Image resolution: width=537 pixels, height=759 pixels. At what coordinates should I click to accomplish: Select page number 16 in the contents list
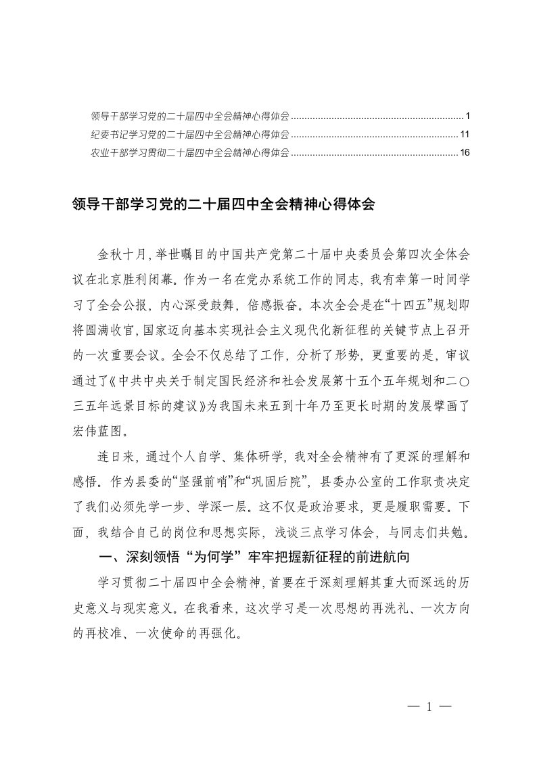(x=465, y=153)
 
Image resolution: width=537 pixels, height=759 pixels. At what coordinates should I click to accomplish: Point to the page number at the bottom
(x=429, y=707)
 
